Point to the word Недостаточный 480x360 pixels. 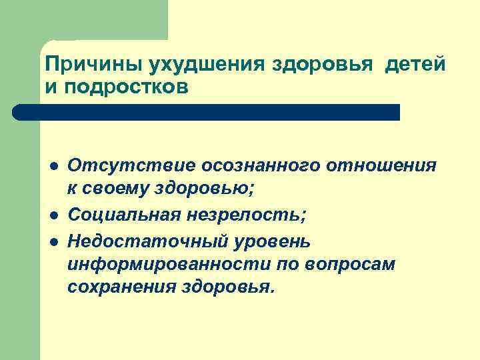136,239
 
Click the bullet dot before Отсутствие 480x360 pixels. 52,166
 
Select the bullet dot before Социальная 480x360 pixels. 52,215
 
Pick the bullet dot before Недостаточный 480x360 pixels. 52,239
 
